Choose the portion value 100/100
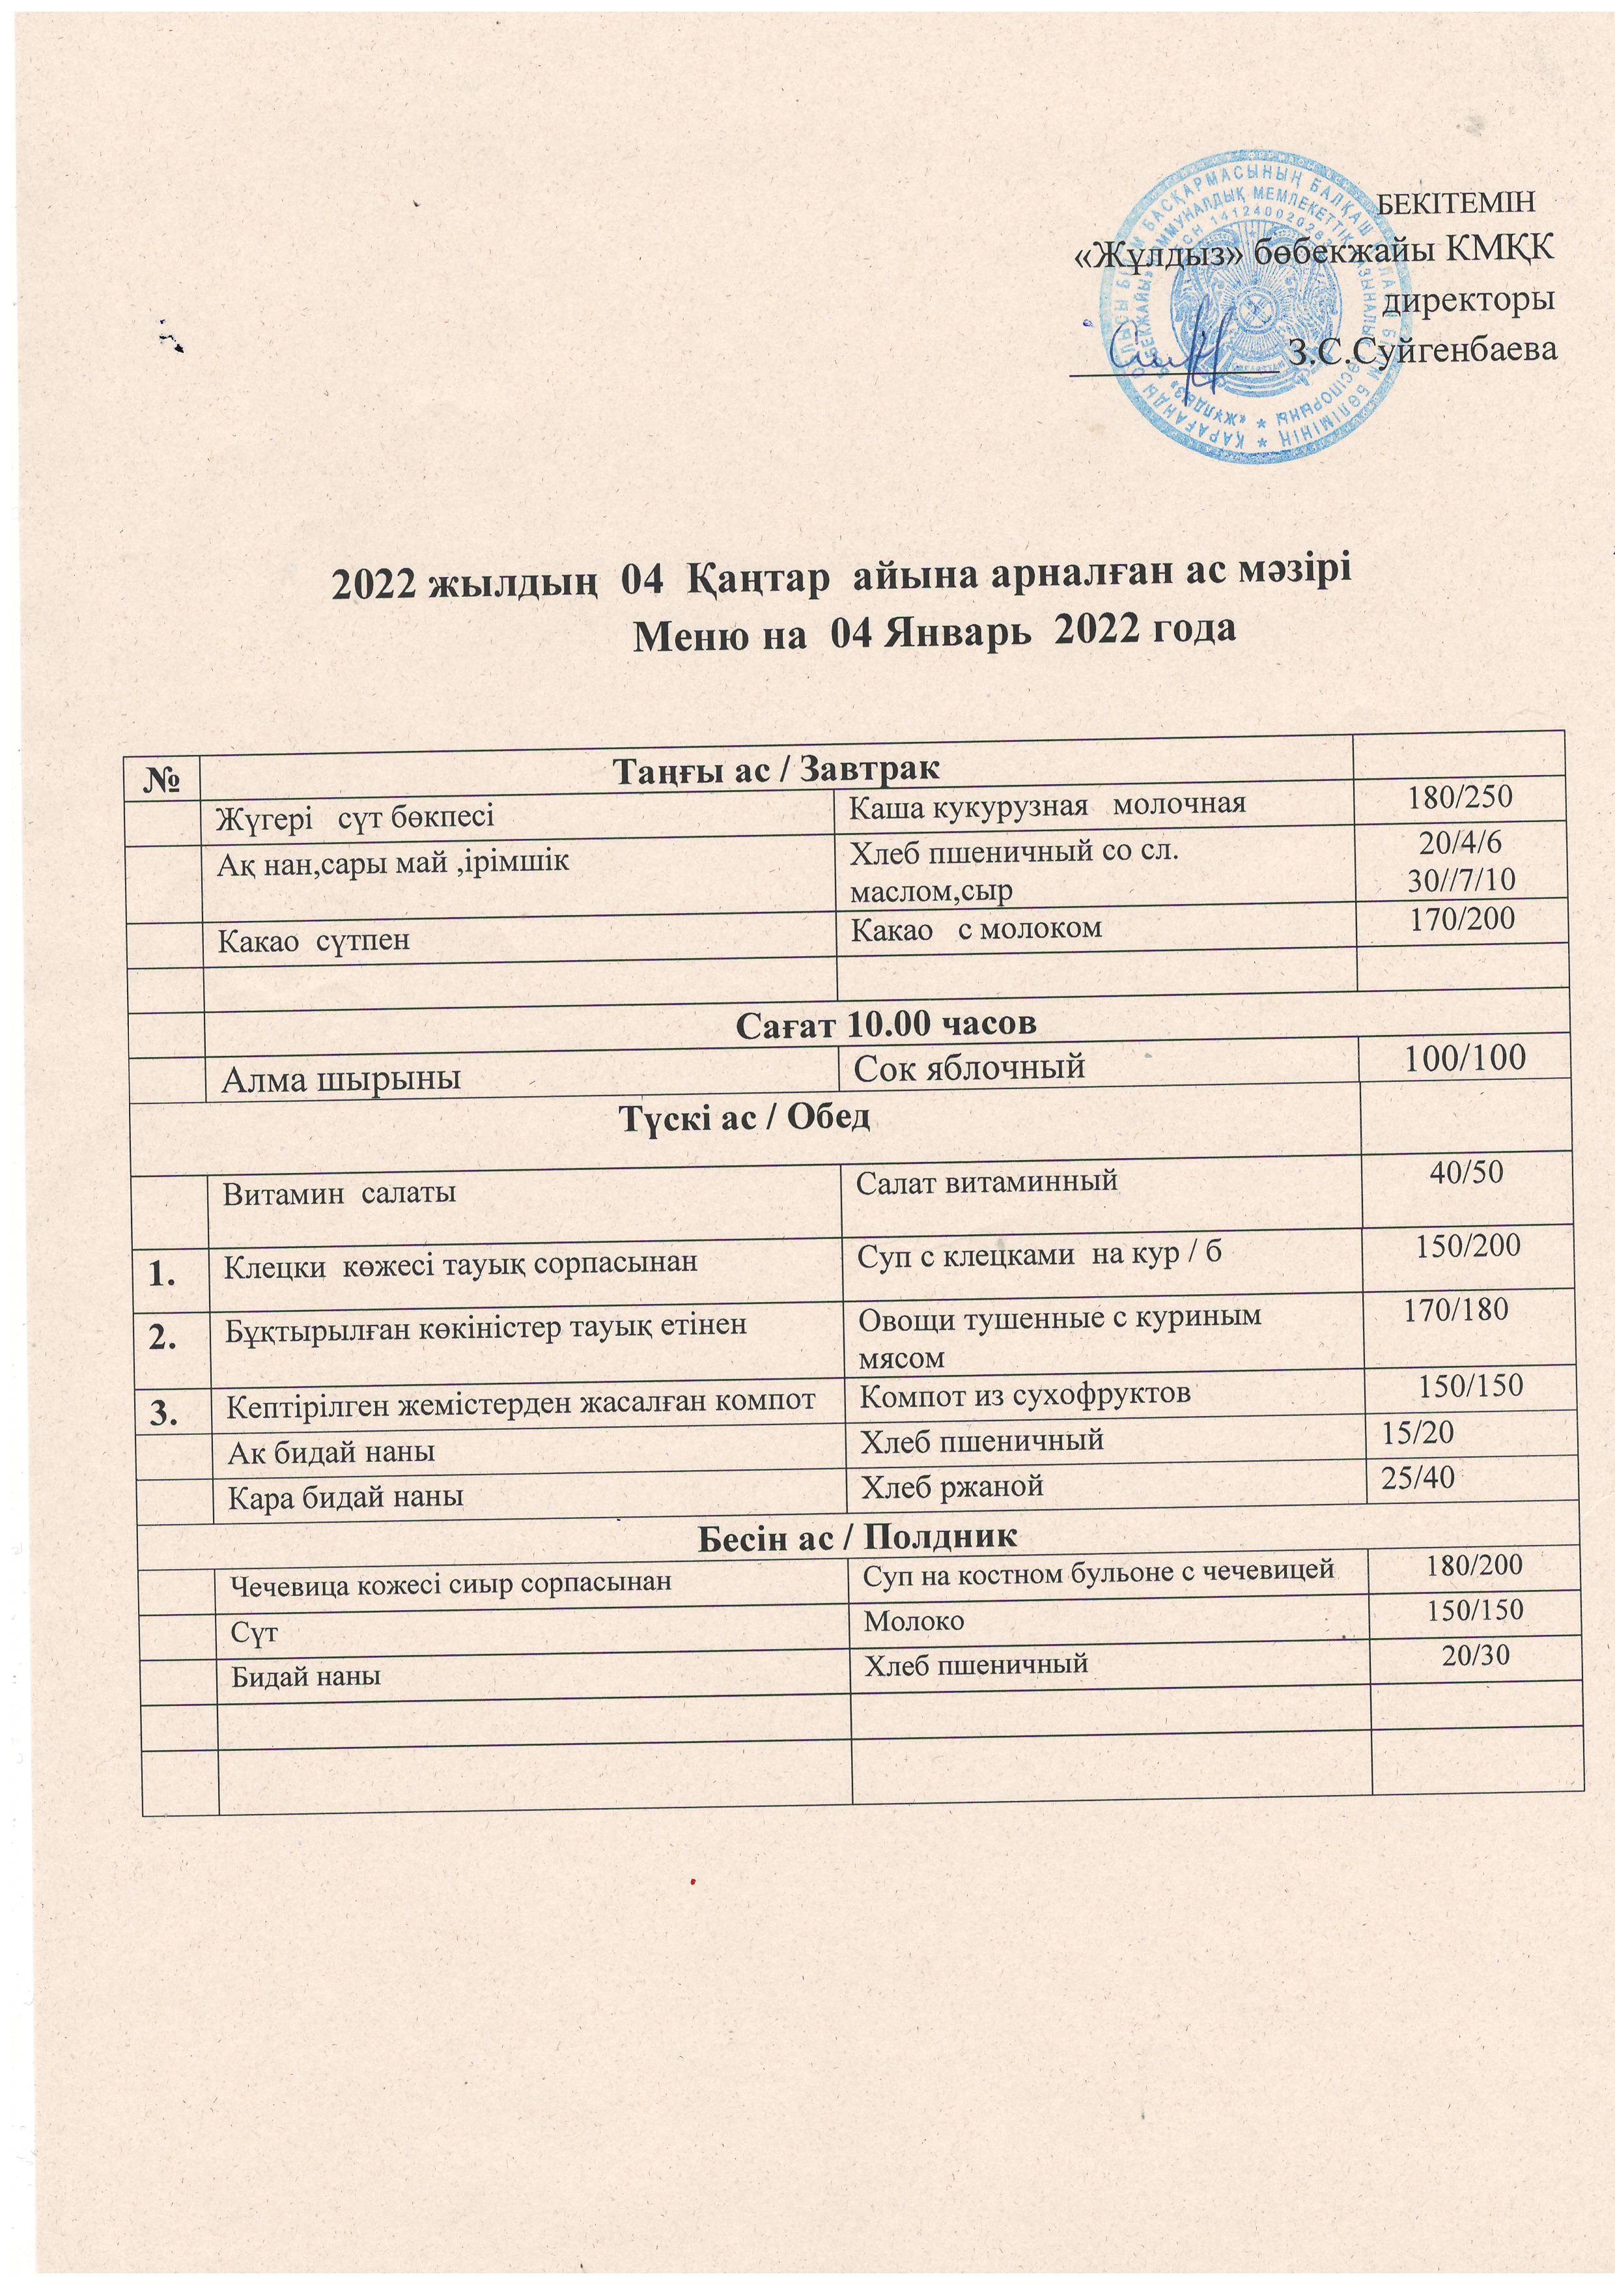(1464, 1058)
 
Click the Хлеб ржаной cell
(951, 1487)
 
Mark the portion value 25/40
(1418, 1478)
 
